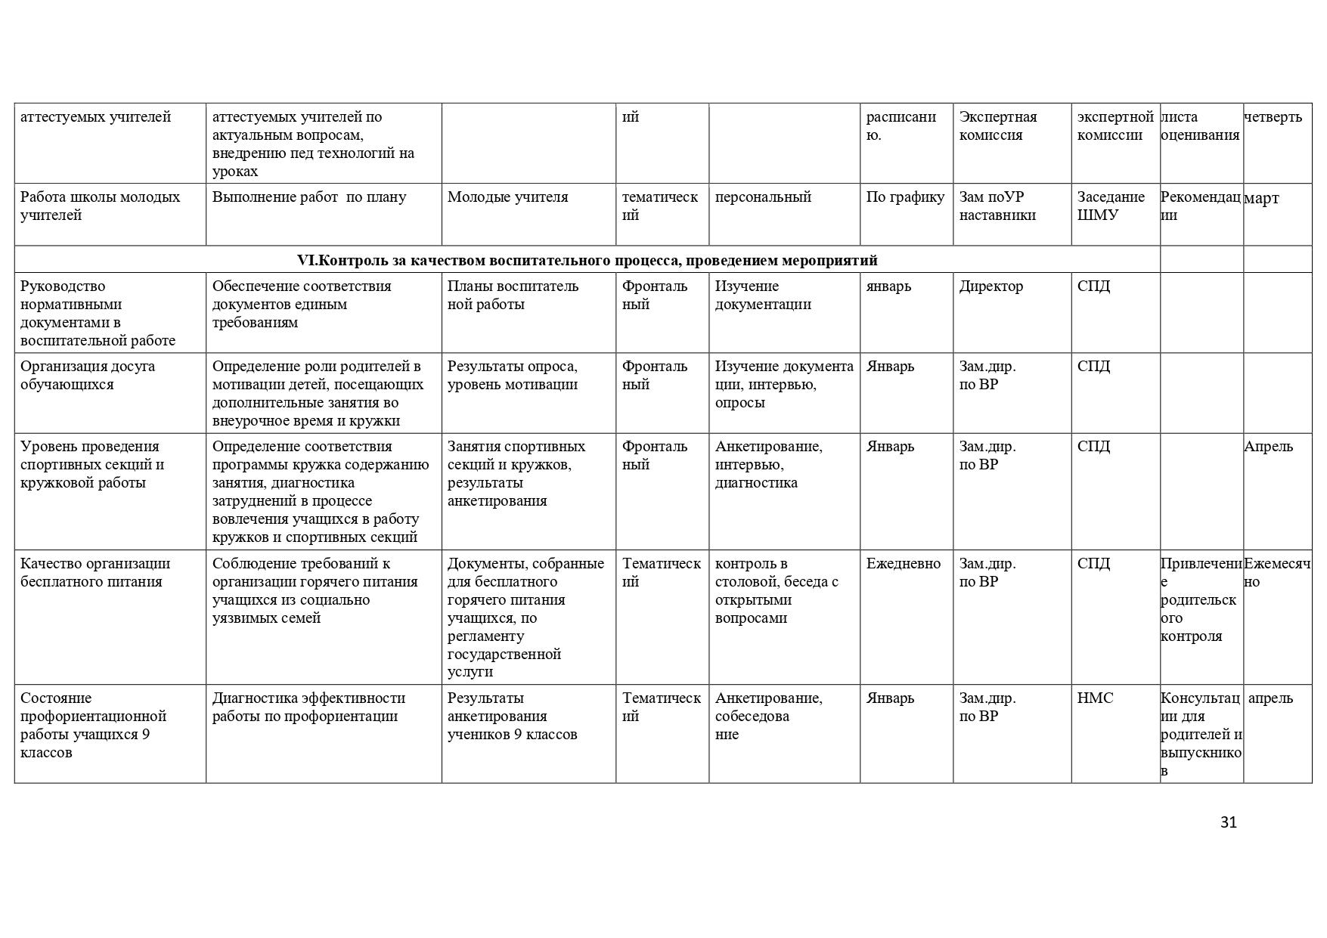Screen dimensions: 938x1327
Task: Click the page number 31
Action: tap(1228, 822)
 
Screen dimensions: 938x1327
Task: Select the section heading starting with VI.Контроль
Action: tap(587, 261)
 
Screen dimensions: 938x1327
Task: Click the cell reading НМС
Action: tap(1095, 698)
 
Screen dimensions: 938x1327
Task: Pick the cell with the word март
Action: tap(1261, 199)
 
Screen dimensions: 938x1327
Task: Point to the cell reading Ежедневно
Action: tap(903, 564)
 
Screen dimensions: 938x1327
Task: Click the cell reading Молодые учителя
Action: tap(507, 197)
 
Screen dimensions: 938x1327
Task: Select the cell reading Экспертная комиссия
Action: tap(998, 126)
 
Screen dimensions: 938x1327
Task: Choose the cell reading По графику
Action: tap(905, 197)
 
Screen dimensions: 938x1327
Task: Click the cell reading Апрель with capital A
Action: tap(1268, 447)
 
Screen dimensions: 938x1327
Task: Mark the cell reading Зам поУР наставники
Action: tap(997, 206)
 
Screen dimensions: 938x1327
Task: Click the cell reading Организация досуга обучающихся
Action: tap(88, 376)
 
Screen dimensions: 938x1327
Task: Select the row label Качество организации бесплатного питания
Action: tap(95, 573)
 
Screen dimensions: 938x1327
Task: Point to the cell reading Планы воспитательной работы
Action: tap(513, 296)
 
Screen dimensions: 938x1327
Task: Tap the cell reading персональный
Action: tap(762, 197)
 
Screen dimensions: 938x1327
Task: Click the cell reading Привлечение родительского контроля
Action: tap(1201, 599)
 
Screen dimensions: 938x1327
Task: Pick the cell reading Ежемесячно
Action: tap(1276, 573)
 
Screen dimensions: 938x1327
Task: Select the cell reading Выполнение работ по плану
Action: tap(308, 197)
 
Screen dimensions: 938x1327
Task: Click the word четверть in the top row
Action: tap(1273, 117)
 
